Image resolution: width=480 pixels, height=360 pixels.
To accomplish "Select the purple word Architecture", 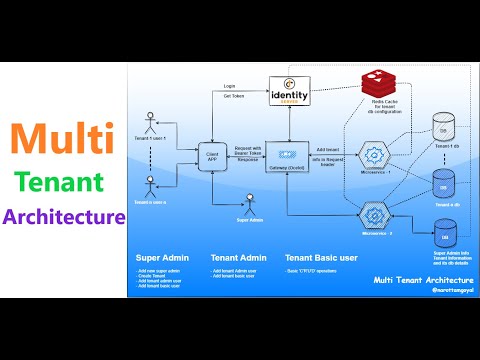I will tap(65, 216).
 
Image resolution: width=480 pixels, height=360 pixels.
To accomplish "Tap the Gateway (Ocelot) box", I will tap(285, 158).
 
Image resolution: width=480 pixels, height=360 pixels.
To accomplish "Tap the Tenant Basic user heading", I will tap(321, 258).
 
